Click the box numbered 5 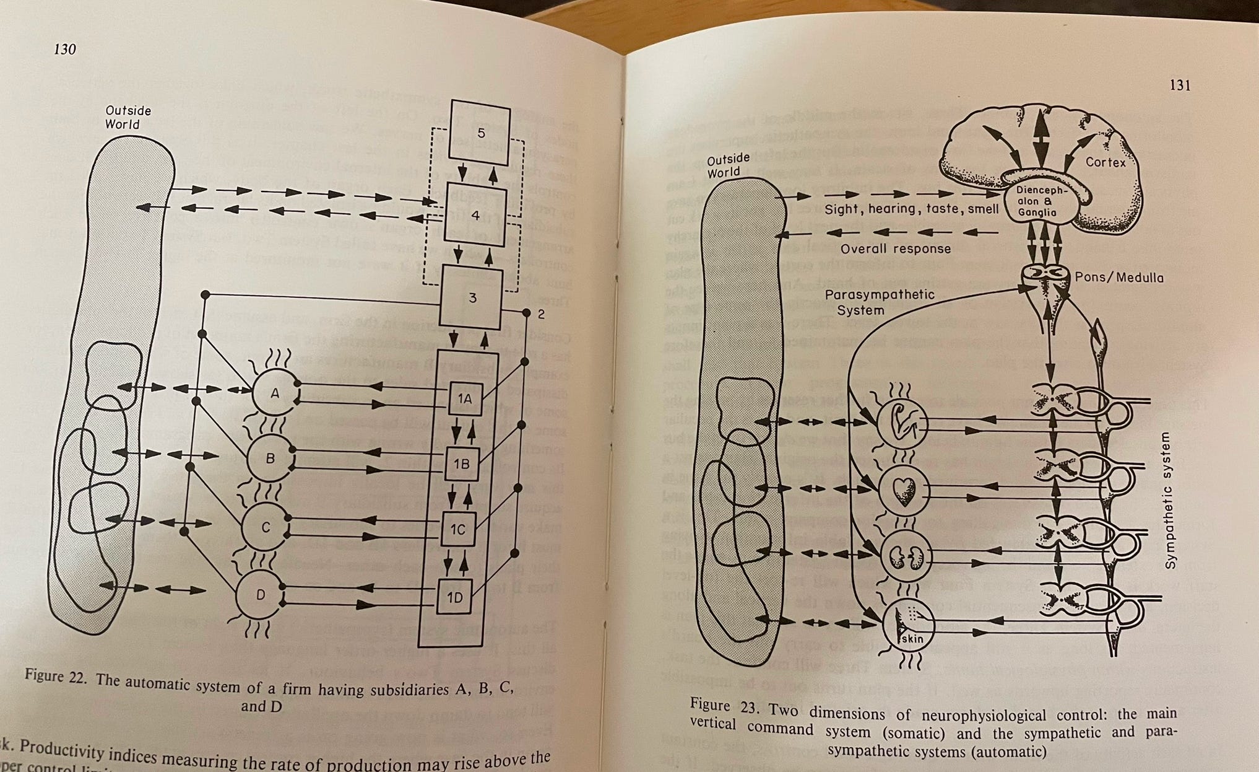tap(480, 133)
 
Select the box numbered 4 tap(475, 215)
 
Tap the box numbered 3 tap(472, 298)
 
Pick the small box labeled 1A tap(465, 399)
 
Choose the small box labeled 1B tap(461, 463)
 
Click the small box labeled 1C tap(457, 529)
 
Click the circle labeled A tap(275, 393)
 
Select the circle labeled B tap(270, 458)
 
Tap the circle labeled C tap(266, 527)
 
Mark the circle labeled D tap(261, 595)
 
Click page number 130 tap(64, 49)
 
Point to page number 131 tap(1179, 86)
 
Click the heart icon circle tap(904, 491)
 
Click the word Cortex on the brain tap(1105, 162)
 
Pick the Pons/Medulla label tap(1119, 278)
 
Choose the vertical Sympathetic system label tap(1169, 501)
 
